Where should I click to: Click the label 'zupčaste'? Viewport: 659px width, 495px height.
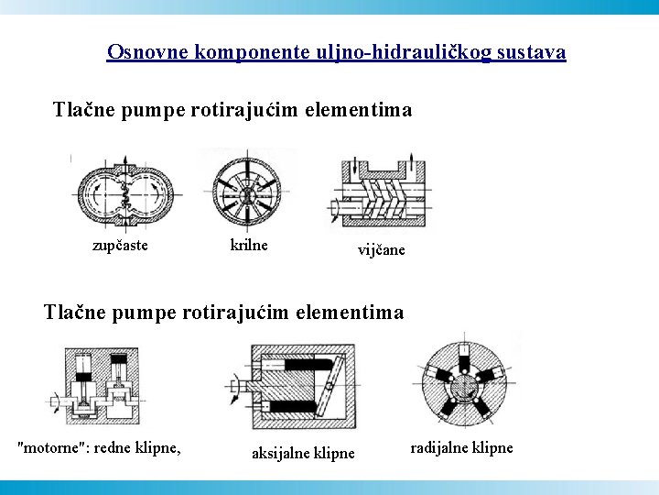tap(120, 245)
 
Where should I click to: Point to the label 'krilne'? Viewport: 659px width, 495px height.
tap(248, 245)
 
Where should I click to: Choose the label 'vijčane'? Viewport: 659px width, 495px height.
tap(381, 250)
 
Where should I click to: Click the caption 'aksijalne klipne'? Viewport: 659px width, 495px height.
tap(303, 453)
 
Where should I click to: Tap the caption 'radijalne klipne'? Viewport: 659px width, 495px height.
tap(461, 447)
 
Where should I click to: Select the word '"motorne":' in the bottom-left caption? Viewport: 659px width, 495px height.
tap(56, 447)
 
